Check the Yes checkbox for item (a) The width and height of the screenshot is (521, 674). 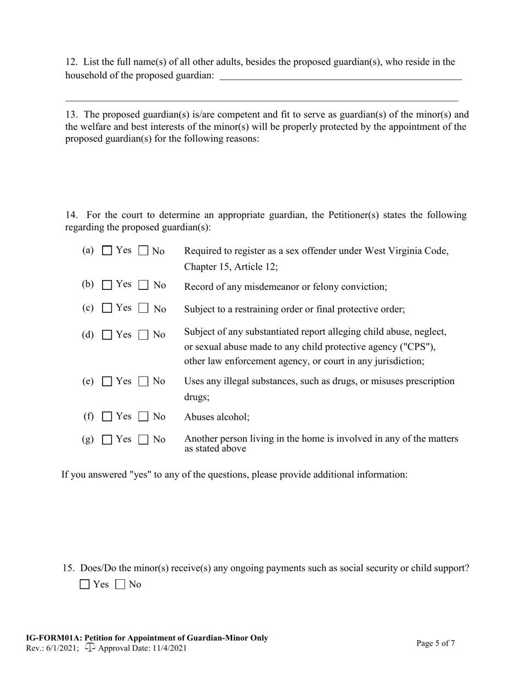click(x=107, y=251)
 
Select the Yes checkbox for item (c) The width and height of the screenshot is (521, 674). click(x=107, y=309)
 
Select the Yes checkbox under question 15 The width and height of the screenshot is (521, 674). click(x=84, y=585)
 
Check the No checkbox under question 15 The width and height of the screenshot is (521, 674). click(x=121, y=585)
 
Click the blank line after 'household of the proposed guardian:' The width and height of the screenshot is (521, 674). click(x=340, y=77)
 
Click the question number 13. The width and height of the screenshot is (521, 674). click(x=71, y=115)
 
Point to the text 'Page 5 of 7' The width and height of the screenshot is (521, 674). click(x=435, y=643)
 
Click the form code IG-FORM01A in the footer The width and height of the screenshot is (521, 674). click(x=50, y=638)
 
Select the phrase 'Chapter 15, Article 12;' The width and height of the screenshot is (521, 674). click(x=231, y=267)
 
